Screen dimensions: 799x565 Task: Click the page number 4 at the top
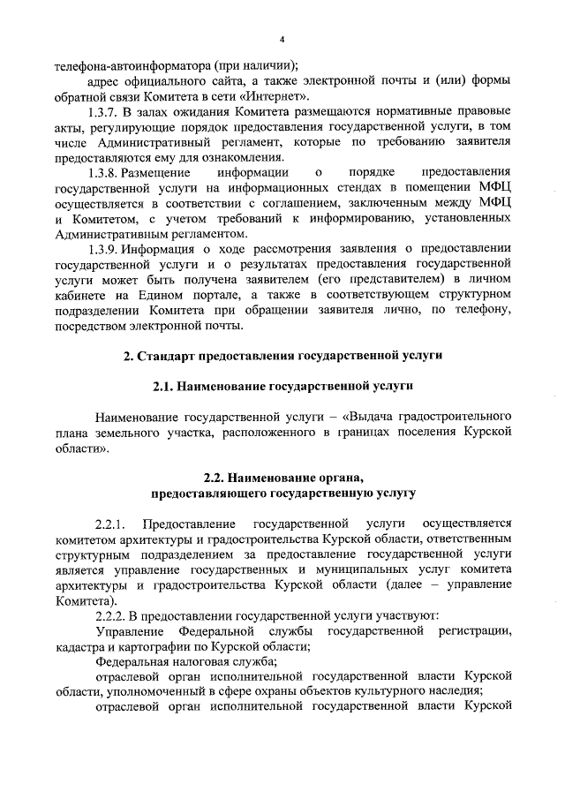282,39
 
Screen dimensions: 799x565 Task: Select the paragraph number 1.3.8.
108,170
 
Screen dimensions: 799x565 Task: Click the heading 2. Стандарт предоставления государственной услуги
282,355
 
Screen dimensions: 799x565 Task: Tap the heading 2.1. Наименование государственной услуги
282,386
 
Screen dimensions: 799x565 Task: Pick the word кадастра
78,645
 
